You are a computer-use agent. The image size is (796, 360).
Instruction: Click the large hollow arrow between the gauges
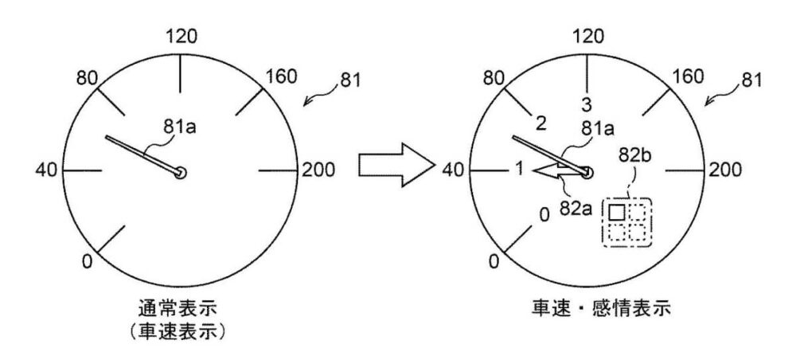(x=396, y=166)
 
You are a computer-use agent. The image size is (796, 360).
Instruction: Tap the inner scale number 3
(x=587, y=104)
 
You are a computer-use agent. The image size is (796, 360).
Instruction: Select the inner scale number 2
(x=540, y=123)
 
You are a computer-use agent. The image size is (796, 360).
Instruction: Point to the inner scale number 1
(x=518, y=168)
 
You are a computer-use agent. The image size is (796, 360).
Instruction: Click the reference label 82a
(x=576, y=208)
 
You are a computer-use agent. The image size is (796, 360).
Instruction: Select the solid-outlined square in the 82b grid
(x=616, y=211)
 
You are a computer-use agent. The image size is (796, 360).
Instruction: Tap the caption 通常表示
(x=178, y=309)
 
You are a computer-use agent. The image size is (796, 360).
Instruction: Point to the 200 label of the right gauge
(x=725, y=170)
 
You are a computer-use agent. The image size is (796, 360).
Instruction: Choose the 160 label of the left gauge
(x=281, y=76)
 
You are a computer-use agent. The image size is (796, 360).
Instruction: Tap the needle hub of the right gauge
(x=587, y=173)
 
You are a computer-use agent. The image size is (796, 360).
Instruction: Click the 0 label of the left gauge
(x=88, y=262)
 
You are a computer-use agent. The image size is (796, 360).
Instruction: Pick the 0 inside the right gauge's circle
(x=544, y=215)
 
